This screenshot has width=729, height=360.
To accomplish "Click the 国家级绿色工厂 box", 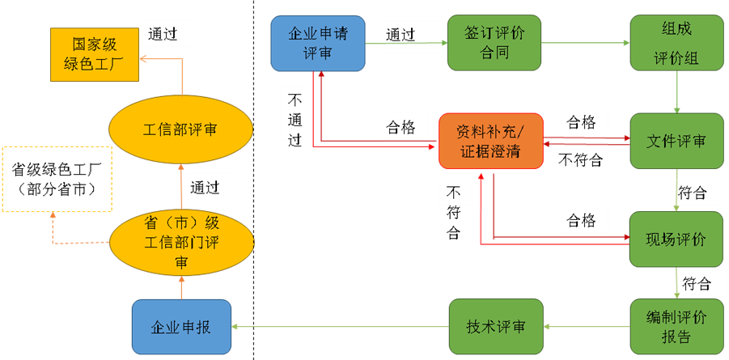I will point(95,55).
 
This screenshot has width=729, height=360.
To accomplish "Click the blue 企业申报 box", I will point(181,326).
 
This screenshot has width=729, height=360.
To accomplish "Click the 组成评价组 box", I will point(676,43).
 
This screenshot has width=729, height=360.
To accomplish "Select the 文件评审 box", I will point(676,141).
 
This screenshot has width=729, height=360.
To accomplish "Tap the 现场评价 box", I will point(676,239).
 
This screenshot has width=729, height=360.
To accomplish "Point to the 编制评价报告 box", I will point(676,326).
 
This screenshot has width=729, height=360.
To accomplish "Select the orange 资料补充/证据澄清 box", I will point(490,141).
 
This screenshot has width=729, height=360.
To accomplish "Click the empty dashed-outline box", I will point(56,179).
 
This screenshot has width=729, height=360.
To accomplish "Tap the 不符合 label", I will point(581,159).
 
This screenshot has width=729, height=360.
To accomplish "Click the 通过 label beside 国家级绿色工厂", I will point(169,34).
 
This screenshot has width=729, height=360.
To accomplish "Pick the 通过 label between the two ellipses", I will point(210,188).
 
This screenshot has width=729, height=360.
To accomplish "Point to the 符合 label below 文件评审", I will point(693,193).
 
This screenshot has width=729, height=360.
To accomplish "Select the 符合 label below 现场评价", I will point(696,284).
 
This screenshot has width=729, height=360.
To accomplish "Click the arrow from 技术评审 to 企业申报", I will point(341,327).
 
